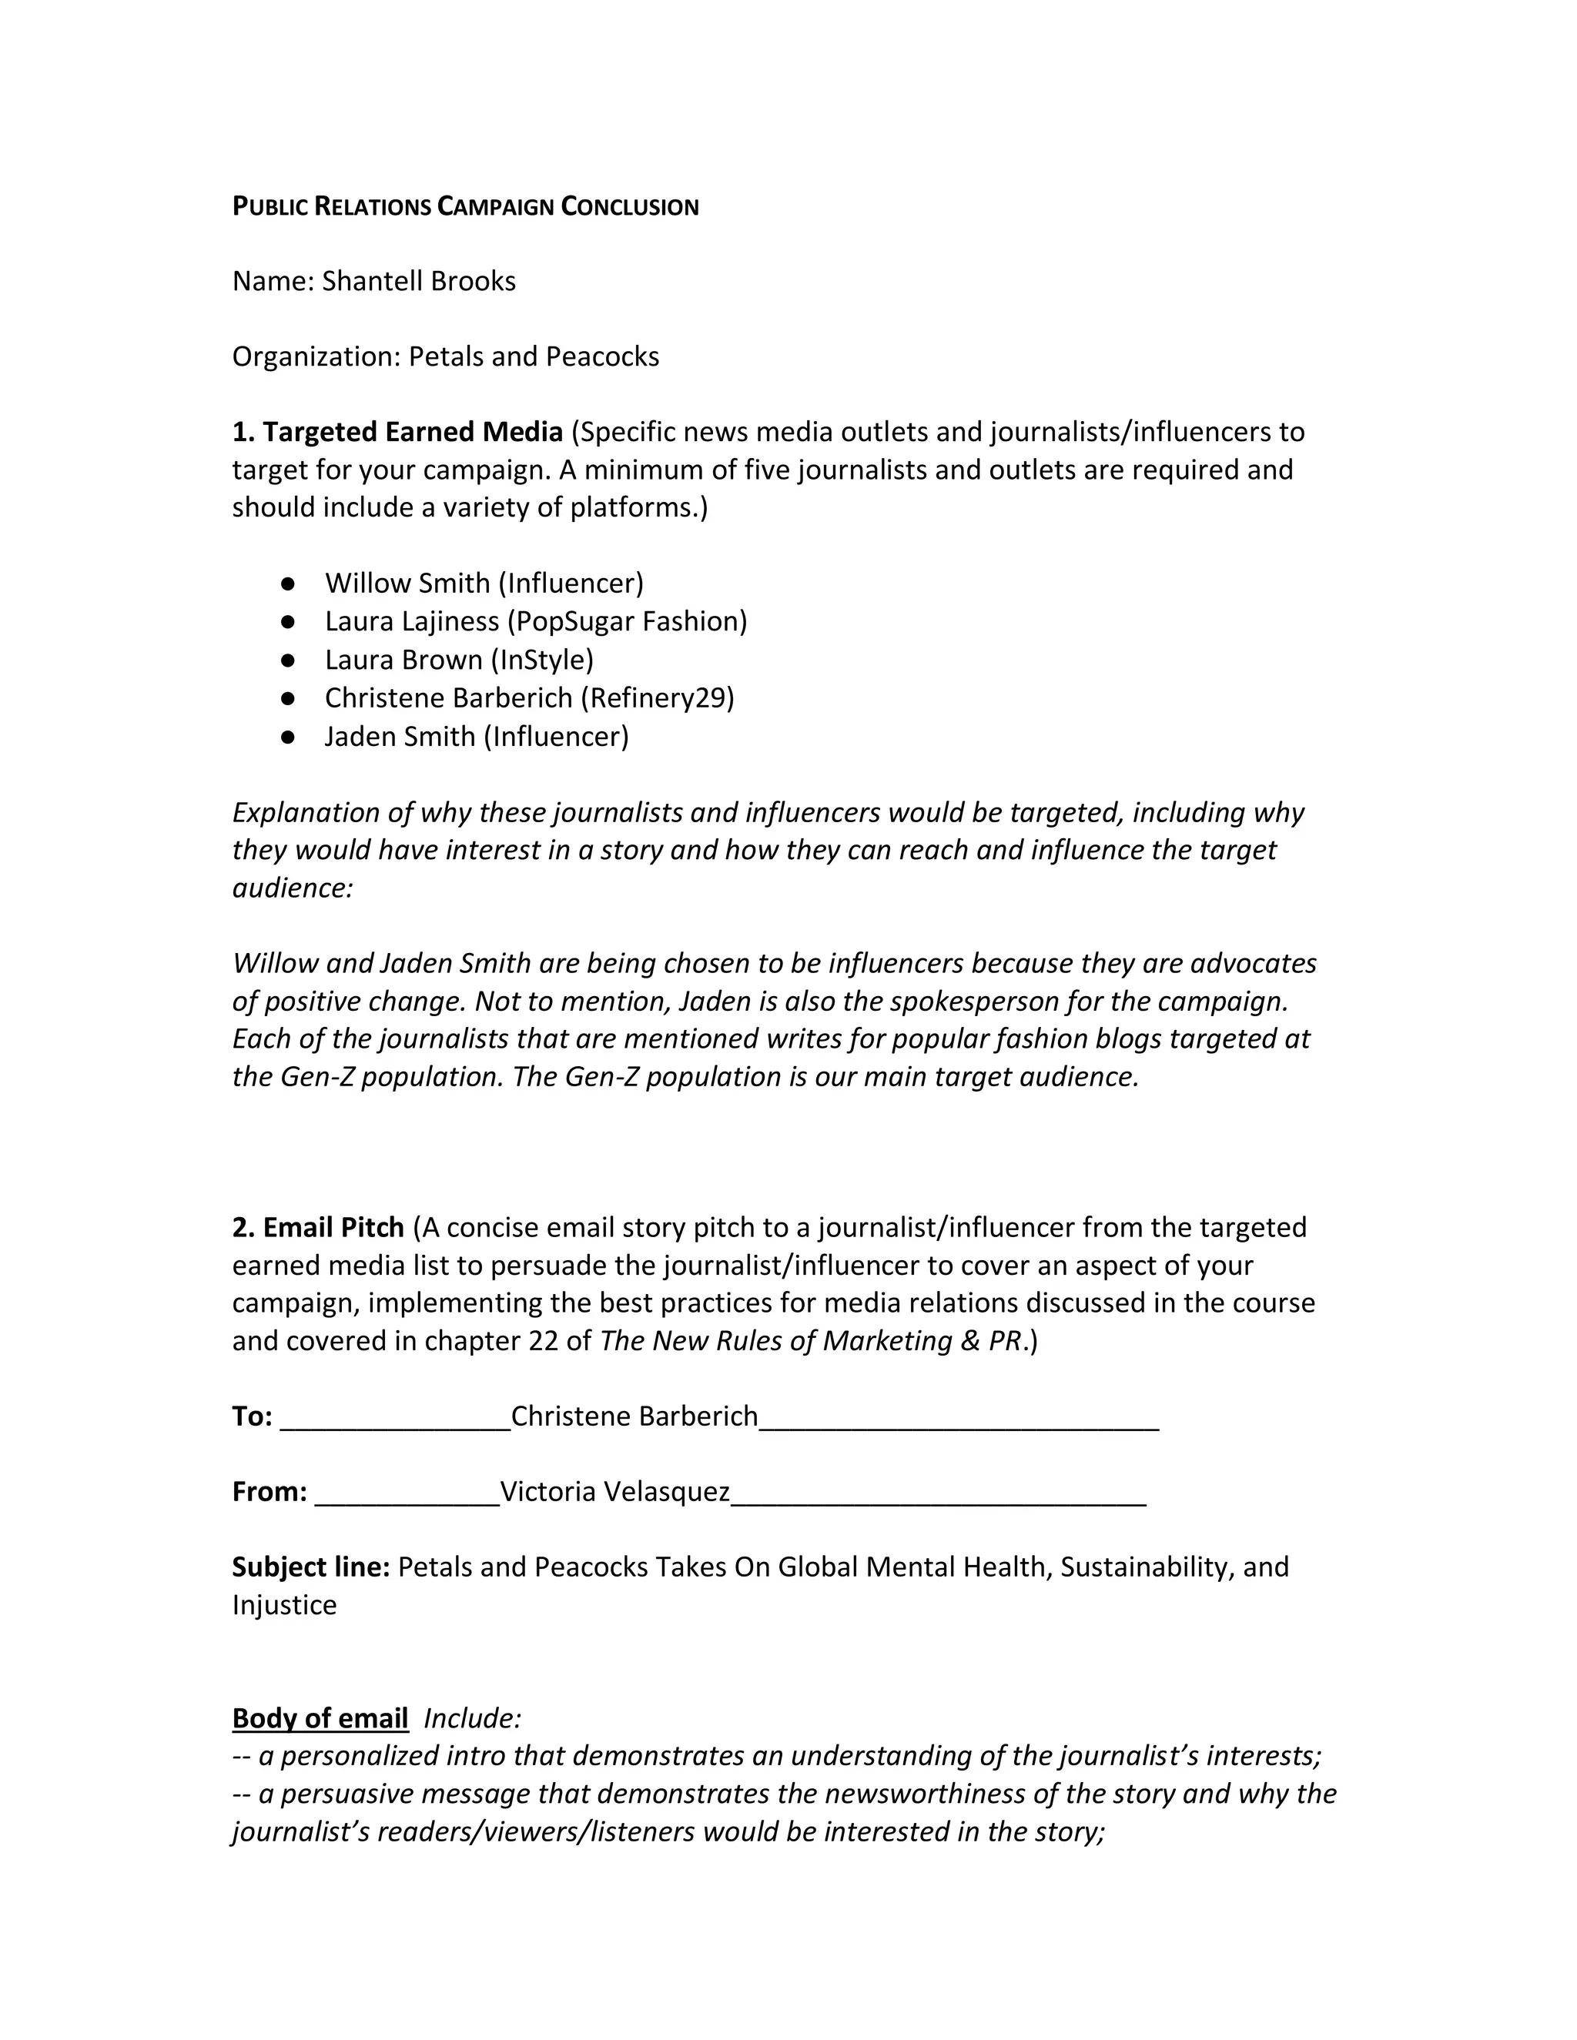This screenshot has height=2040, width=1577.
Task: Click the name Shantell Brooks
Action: pyautogui.click(x=419, y=281)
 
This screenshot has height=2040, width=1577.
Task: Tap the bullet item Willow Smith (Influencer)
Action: pyautogui.click(x=484, y=584)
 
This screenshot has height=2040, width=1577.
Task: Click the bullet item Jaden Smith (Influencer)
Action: pyautogui.click(x=477, y=737)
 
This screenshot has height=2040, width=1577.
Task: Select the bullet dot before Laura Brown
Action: pyautogui.click(x=288, y=660)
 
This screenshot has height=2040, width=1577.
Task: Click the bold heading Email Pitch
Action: pyautogui.click(x=333, y=1227)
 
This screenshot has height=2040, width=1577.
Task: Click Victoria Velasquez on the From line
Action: pyautogui.click(x=614, y=1492)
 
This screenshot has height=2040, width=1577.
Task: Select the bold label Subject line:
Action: pyautogui.click(x=311, y=1567)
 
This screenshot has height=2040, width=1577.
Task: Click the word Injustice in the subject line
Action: pyautogui.click(x=284, y=1606)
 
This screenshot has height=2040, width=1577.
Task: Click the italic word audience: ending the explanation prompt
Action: pyautogui.click(x=293, y=888)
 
